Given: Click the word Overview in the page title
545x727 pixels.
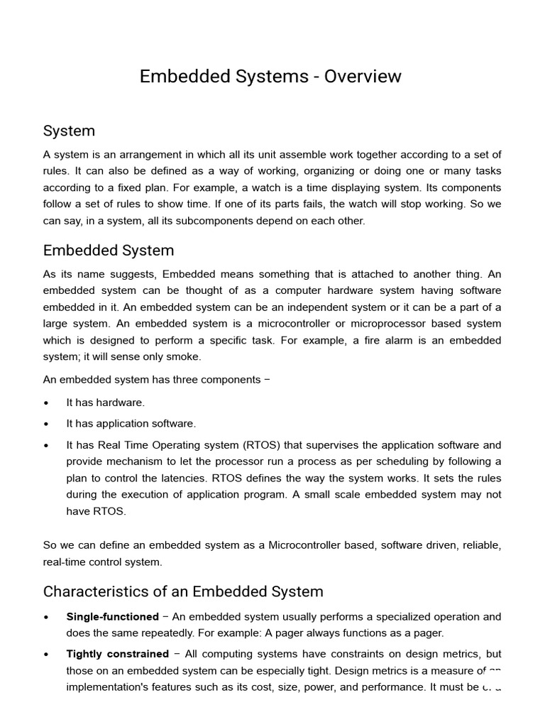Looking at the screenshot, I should (363, 77).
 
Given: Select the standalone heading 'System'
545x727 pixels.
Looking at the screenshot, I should (69, 131).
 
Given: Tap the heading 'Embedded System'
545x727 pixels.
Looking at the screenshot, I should (108, 251).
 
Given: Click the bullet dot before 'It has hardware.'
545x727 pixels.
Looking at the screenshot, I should (47, 403).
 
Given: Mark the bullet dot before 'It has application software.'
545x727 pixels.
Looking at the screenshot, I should (47, 424).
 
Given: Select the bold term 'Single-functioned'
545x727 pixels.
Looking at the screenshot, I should (112, 617).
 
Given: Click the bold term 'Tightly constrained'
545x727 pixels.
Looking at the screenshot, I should (117, 654).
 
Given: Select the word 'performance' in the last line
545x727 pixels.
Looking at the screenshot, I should (390, 687).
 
